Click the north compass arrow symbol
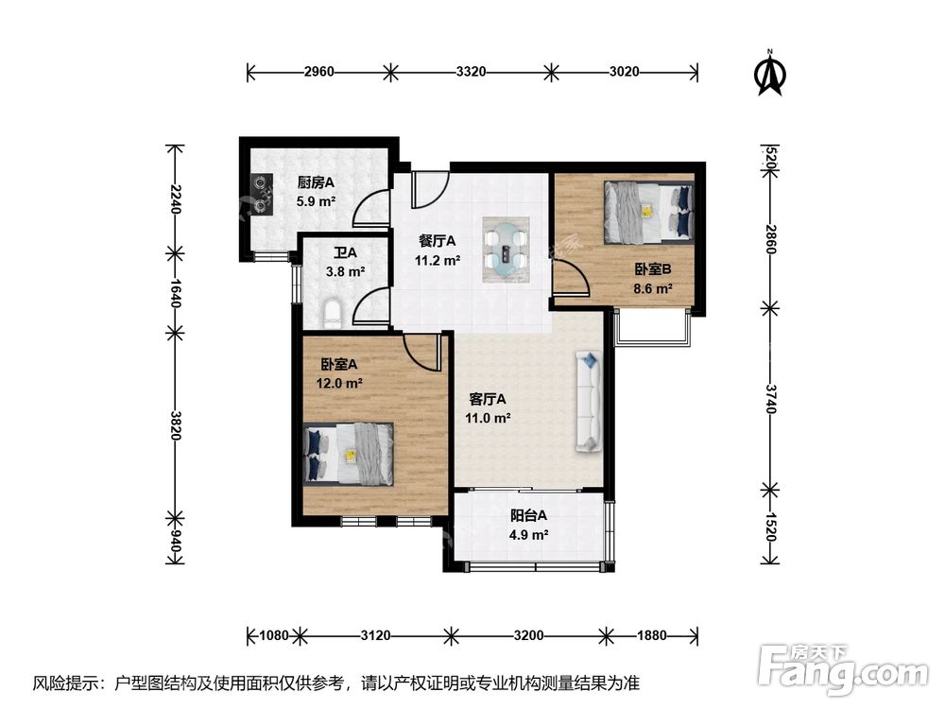coord(769,73)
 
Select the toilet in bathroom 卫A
coord(333,314)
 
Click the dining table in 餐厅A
coord(506,250)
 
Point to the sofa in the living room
coord(589,402)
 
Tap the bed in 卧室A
coord(349,454)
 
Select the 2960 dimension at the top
coord(318,73)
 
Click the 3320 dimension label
coord(471,73)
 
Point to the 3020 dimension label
coord(624,73)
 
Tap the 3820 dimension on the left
coord(175,425)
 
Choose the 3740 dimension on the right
coord(770,399)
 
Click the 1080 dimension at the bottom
coord(274,635)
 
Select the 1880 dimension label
coord(652,635)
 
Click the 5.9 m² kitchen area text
coord(316,201)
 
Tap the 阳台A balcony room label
coord(528,515)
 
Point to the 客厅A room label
coord(488,399)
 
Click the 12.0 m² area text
coord(339,383)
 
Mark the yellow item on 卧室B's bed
coord(647,212)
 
